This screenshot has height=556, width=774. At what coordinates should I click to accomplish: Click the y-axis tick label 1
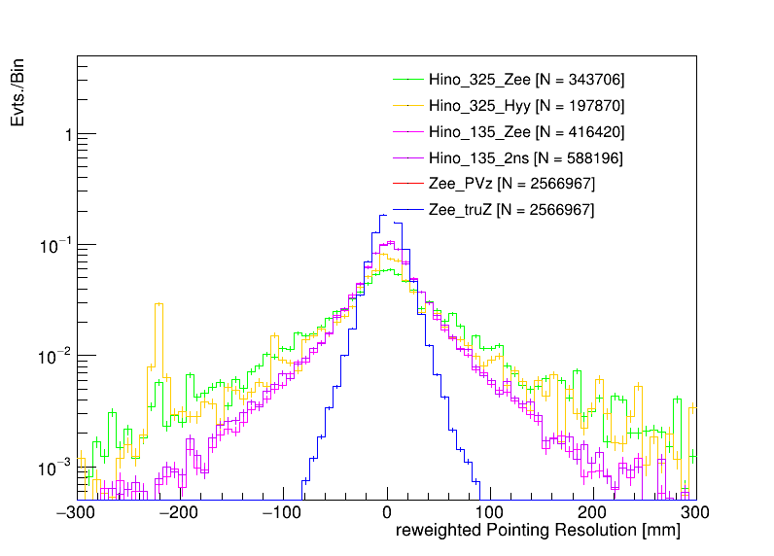coord(66,135)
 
